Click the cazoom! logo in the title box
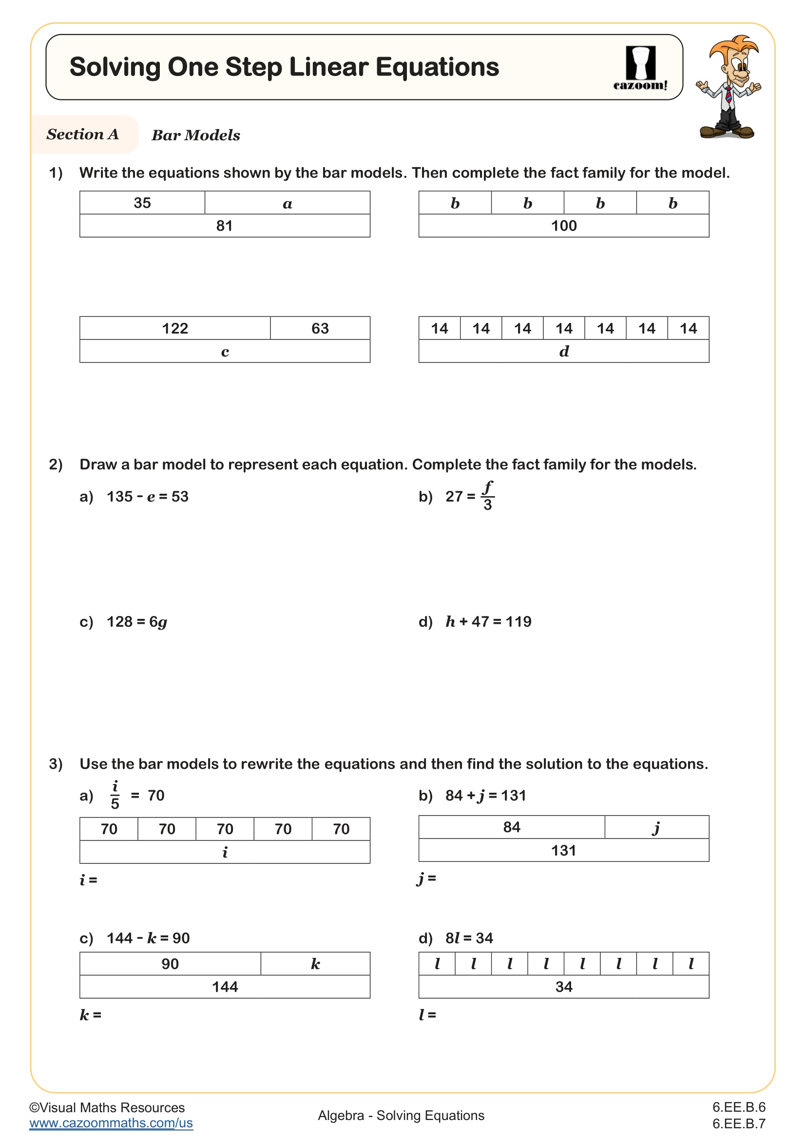640,68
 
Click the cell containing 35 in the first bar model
142,203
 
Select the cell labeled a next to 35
288,204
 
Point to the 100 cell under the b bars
564,226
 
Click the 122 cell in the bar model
175,328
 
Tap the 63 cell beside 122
320,328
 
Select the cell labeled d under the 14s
564,352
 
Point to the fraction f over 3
487,496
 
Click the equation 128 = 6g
137,622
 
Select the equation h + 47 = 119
488,621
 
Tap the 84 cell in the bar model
511,827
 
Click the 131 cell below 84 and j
564,851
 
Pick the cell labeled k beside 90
315,964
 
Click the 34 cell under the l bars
564,987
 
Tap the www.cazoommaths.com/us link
111,1122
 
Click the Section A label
83,134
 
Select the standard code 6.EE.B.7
738,1123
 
